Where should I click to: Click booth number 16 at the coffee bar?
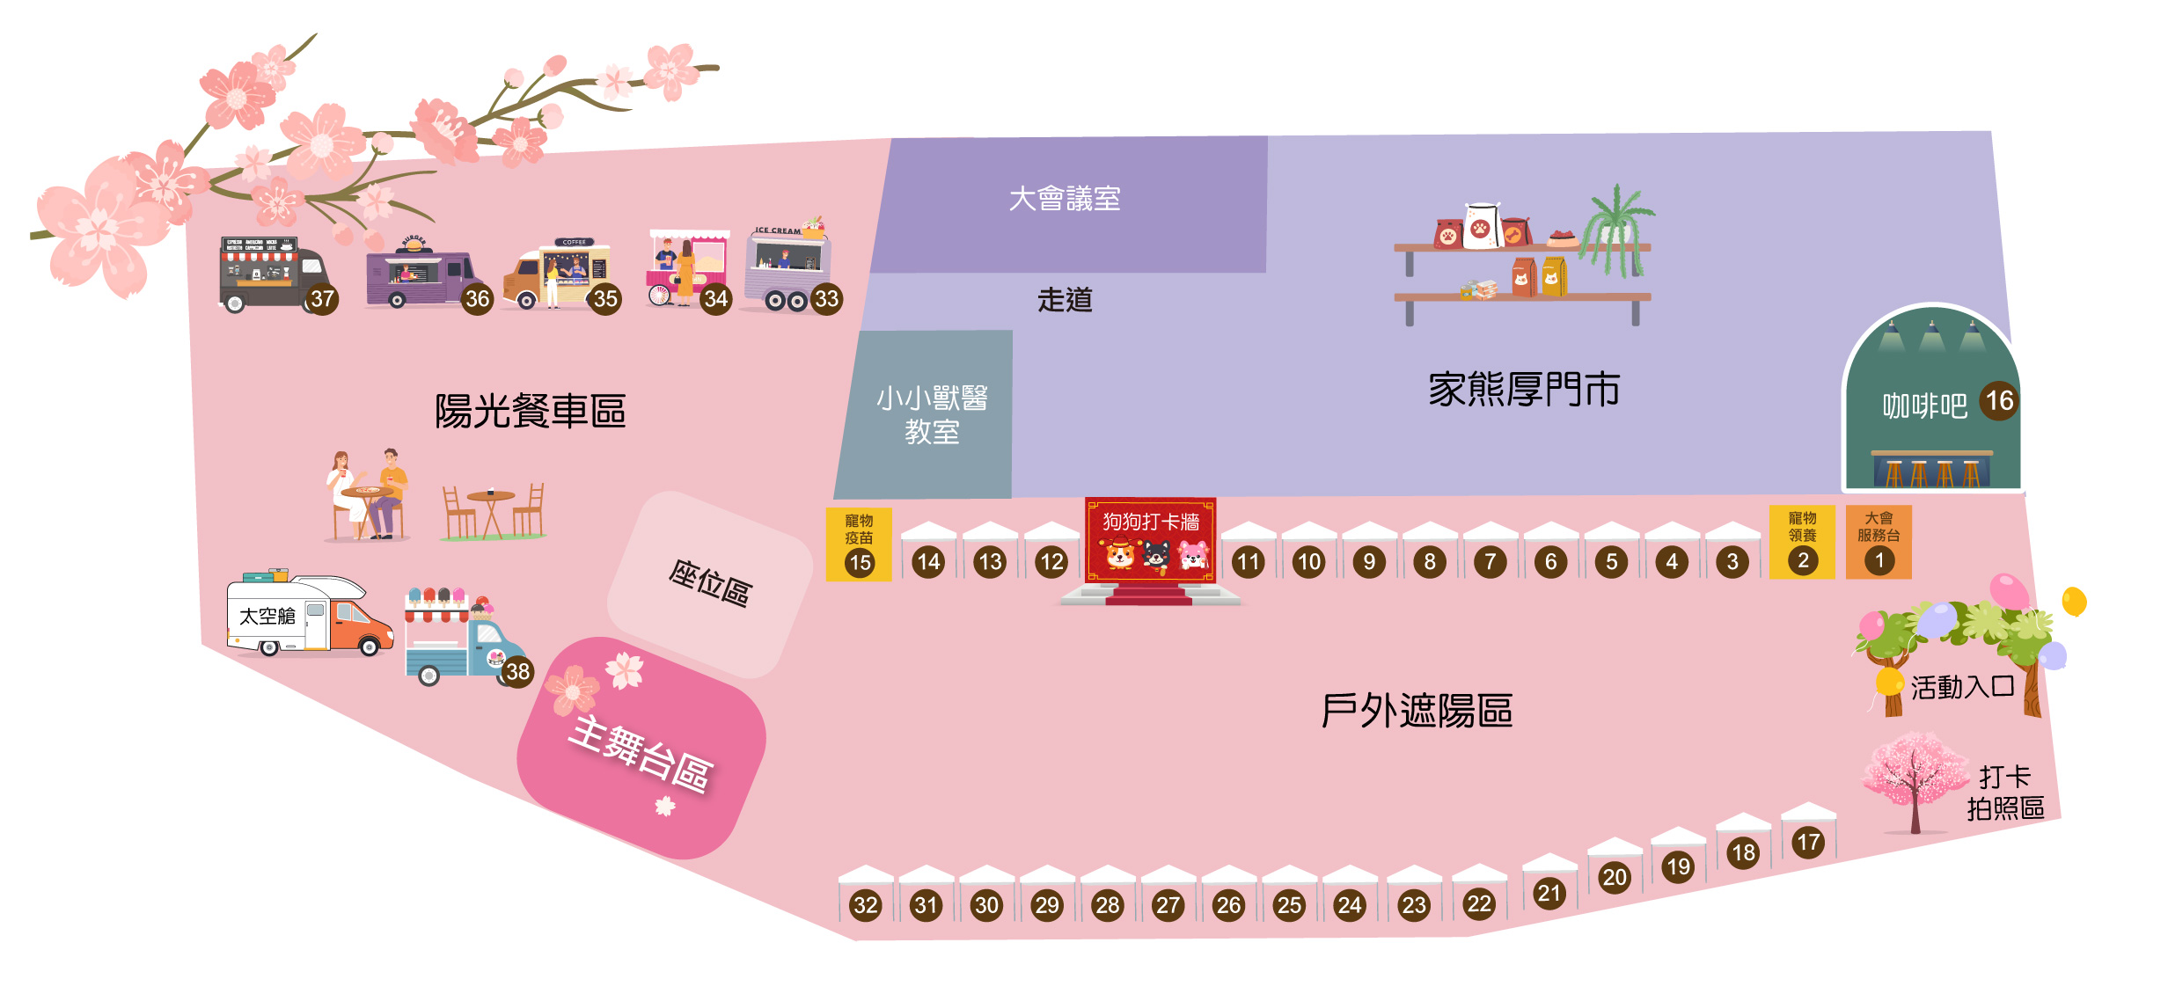(1999, 401)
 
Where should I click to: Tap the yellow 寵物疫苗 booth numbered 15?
(859, 544)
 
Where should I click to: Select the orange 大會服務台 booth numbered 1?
(1879, 542)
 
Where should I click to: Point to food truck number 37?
(273, 273)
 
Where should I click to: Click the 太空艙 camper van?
(308, 616)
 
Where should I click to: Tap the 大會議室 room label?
(1065, 199)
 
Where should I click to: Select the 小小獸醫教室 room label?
(932, 414)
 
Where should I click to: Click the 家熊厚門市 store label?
(1524, 390)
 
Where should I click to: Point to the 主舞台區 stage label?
(640, 754)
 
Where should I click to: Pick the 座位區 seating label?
(709, 583)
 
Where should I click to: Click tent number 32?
(866, 904)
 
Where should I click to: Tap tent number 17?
(1808, 842)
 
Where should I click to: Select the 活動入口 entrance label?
(1962, 687)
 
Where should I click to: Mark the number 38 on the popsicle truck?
(517, 672)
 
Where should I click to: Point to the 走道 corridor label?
(1065, 300)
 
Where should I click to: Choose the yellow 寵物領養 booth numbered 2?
(1802, 542)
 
